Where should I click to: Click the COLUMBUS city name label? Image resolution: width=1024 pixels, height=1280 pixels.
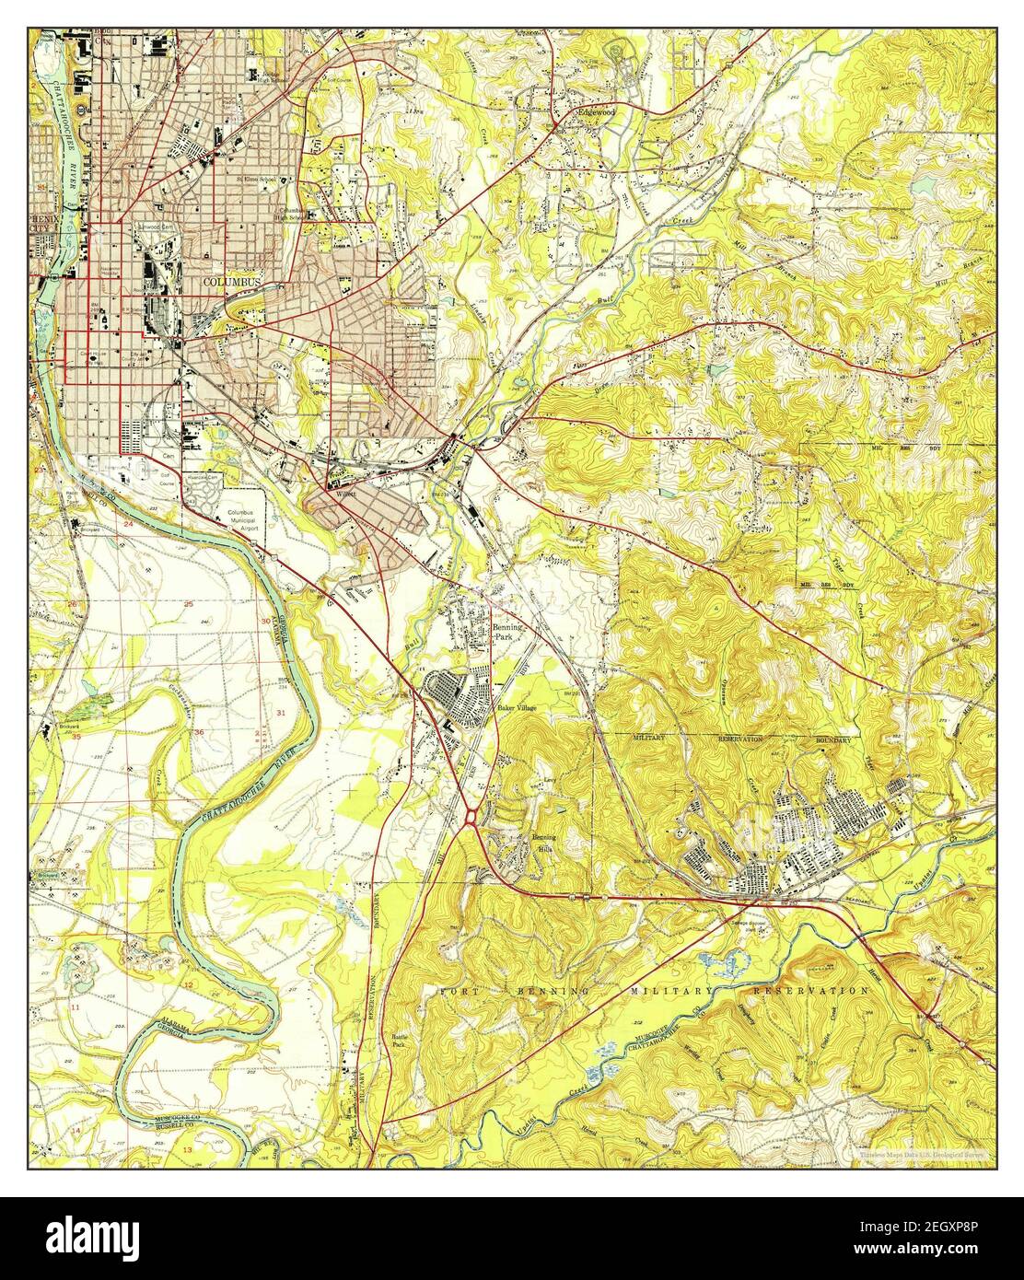tap(231, 281)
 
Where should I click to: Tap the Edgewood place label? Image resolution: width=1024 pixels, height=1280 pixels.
tap(595, 111)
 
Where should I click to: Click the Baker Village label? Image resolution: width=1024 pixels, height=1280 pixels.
tap(516, 708)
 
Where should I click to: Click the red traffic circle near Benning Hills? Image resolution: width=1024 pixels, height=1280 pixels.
tap(471, 816)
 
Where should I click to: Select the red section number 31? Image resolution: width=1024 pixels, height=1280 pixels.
tap(280, 714)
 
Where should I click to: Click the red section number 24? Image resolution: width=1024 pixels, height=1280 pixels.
tap(129, 525)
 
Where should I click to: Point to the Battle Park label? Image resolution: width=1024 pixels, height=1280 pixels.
tap(399, 1041)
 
